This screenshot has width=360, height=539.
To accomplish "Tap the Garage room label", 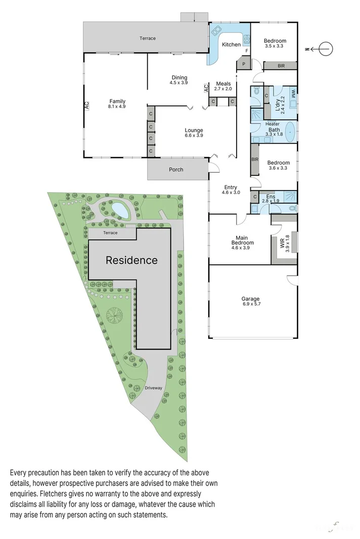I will (251, 299).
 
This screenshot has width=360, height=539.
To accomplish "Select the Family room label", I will (117, 101).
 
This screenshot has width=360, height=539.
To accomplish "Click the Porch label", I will (176, 170).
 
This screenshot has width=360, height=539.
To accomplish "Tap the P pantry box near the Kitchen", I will (243, 64).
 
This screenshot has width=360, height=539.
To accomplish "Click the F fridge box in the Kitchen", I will (247, 51).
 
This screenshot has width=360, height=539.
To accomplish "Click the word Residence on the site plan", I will (131, 261).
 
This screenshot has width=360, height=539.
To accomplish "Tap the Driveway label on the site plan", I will (153, 388).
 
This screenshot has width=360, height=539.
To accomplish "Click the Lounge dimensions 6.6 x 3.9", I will (194, 136).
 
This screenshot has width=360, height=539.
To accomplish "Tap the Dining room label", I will (179, 77).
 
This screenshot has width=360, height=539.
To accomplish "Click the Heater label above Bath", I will (273, 124).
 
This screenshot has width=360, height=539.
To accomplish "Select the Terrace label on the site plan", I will (110, 233).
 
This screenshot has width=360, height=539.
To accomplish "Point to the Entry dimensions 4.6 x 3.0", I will (231, 192).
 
